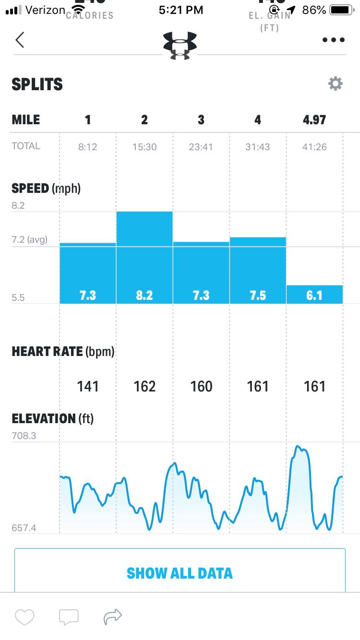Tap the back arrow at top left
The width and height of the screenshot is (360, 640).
[x=20, y=40]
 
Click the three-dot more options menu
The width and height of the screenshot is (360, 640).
[x=334, y=40]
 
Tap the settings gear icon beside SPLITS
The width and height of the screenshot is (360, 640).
[x=335, y=84]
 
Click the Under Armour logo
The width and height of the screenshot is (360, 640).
[x=180, y=45]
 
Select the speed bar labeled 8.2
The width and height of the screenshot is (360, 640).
[x=144, y=258]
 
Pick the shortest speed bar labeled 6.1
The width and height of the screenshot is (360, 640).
[x=314, y=295]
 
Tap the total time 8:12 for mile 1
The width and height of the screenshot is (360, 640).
[x=88, y=147]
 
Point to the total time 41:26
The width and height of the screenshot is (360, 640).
[x=314, y=147]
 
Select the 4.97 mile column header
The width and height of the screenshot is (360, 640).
[x=314, y=120]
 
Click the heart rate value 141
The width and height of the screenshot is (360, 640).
[x=88, y=386]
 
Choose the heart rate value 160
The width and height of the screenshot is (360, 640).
[x=201, y=386]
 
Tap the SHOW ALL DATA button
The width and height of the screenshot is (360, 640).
[x=180, y=573]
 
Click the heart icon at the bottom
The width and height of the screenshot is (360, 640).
[x=24, y=616]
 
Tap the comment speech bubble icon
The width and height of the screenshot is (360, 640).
[x=69, y=616]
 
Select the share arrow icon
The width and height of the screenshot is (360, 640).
[x=113, y=616]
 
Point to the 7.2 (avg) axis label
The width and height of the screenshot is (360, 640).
[x=30, y=239]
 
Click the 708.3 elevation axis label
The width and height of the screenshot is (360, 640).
[x=24, y=436]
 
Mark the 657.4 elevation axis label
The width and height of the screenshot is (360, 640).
[x=24, y=528]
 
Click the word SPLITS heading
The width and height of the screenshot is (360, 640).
[x=37, y=84]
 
